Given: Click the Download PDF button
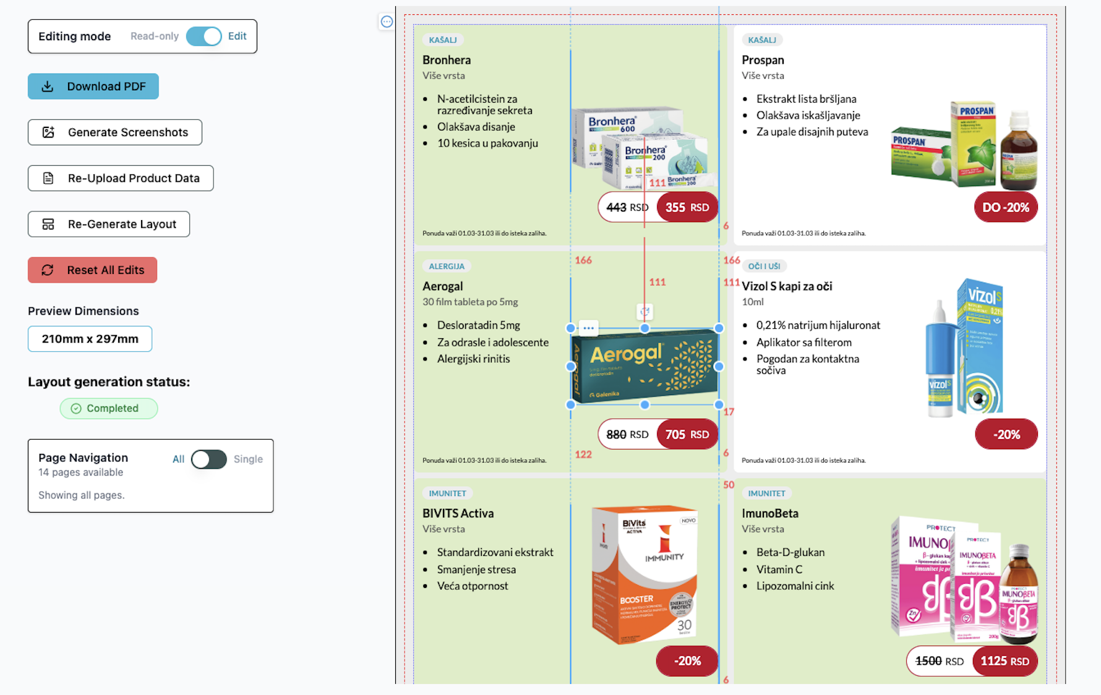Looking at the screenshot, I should tap(93, 87).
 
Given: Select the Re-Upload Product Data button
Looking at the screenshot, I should tap(121, 178).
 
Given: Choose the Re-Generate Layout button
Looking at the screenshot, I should tap(109, 224).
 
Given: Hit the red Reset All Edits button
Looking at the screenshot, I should tap(93, 270).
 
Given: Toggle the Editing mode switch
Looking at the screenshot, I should tap(203, 36).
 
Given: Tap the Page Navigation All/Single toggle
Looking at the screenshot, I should tap(208, 459).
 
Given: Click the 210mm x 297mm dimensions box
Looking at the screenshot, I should tap(90, 339).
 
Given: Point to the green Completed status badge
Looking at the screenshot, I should tap(109, 409).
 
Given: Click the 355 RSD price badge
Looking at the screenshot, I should tap(687, 208).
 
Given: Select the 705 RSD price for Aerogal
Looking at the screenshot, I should tap(687, 435).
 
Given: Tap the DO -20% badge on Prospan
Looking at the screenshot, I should tap(1006, 208).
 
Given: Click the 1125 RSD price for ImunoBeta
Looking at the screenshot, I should tap(1005, 661).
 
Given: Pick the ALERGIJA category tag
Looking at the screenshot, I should tap(447, 266).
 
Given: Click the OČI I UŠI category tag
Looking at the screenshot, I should tap(764, 266).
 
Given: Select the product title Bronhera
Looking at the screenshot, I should tap(447, 60).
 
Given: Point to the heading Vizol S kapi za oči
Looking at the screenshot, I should tap(787, 286).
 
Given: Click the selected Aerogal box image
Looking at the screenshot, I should tap(645, 367).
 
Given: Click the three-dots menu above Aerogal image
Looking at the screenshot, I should tap(588, 328).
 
